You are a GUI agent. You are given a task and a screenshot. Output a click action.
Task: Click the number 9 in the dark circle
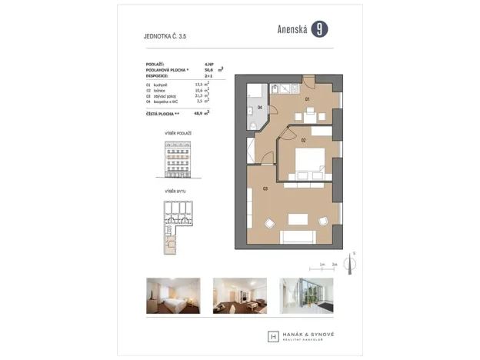(x=319, y=29)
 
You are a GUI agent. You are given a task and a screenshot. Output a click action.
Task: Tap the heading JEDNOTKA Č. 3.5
(x=165, y=35)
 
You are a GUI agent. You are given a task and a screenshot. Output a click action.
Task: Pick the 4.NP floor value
(x=208, y=64)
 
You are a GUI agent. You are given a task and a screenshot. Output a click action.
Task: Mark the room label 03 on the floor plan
(x=265, y=188)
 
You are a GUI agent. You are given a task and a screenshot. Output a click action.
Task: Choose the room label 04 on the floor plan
(x=260, y=108)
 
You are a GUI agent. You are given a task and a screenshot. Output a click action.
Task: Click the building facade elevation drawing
(x=177, y=160)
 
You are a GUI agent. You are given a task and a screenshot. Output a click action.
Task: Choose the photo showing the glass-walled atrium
(x=305, y=295)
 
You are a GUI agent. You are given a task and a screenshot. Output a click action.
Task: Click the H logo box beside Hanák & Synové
(x=273, y=336)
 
